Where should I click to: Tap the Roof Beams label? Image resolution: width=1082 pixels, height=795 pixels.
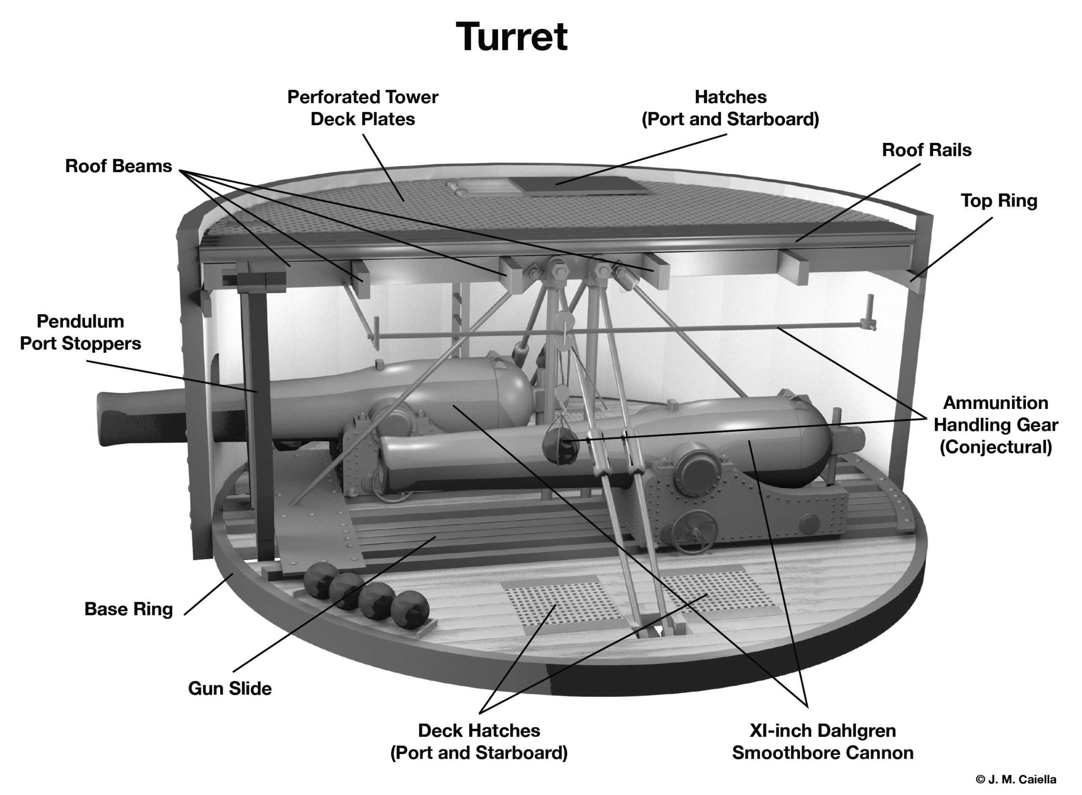118,166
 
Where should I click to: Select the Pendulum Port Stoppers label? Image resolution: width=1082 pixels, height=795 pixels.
80,332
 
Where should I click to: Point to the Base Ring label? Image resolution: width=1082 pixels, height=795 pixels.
128,609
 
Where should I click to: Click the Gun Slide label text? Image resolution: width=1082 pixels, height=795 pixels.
230,688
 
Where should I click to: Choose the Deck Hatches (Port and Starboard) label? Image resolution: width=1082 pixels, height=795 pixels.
478,742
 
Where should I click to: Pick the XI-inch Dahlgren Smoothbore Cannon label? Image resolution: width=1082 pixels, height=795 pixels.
822,742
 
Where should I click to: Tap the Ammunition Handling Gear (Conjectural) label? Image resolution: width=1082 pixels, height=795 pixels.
995,425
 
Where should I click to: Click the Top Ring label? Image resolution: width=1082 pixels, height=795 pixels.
999,201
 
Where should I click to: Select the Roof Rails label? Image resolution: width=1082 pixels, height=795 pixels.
926,150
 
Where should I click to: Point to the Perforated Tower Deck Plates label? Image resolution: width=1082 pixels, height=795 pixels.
363,108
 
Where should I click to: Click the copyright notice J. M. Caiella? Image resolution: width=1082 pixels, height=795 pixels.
1016,779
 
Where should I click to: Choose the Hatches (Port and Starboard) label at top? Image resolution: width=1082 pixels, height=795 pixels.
730,108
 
